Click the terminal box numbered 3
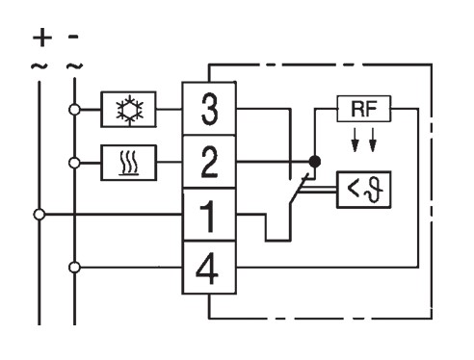[x=209, y=109]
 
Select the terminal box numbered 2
[x=209, y=162]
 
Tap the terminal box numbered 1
[x=209, y=215]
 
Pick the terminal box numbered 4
[x=209, y=268]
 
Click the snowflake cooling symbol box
[x=128, y=110]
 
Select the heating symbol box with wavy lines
[x=129, y=163]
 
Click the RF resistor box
[x=364, y=109]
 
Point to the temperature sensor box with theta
[x=364, y=190]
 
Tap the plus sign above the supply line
[x=42, y=38]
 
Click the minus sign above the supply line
[x=73, y=37]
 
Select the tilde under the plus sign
[x=39, y=66]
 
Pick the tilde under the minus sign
[x=74, y=66]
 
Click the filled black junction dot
[x=315, y=162]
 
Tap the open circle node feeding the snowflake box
[x=74, y=110]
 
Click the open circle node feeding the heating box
[x=74, y=163]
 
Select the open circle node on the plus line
[x=39, y=215]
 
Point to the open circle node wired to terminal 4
[x=74, y=268]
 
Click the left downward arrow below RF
[x=355, y=140]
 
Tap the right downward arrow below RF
[x=373, y=140]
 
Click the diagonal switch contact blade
[x=300, y=189]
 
